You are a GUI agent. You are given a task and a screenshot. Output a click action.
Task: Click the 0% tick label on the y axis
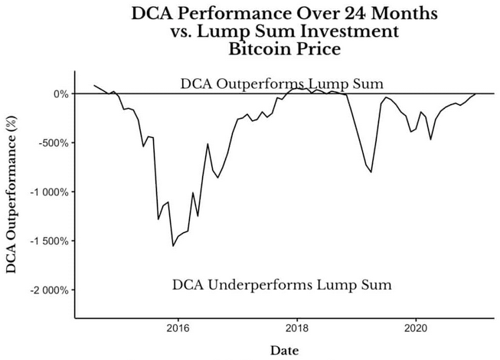(59, 94)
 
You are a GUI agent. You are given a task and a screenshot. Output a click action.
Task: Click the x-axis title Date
(285, 350)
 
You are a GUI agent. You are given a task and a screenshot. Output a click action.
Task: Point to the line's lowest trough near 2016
(173, 246)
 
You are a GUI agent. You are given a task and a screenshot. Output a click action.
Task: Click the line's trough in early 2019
(371, 172)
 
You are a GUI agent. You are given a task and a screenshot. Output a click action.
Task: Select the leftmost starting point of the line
(93, 85)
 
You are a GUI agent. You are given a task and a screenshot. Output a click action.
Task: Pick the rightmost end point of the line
(475, 94)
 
